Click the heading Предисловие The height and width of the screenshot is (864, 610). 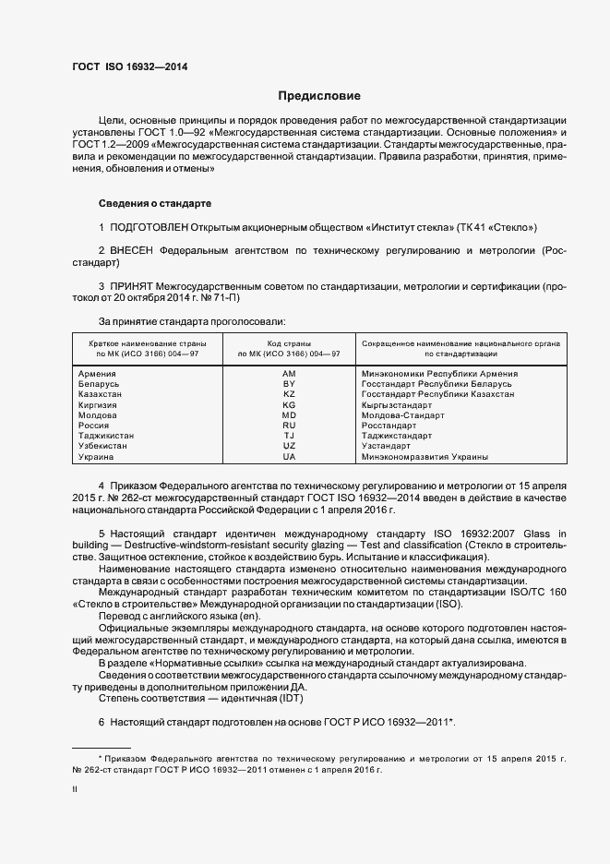tap(319, 96)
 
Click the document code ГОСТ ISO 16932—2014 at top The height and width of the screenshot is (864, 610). tap(129, 67)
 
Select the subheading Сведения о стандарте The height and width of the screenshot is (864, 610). tap(155, 202)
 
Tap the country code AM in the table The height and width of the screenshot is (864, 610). tap(289, 374)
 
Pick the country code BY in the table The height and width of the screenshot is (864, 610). tap(289, 384)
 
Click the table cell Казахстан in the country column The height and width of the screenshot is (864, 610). tap(102, 394)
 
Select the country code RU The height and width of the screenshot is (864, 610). tap(289, 426)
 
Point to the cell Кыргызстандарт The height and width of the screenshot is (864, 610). tap(397, 404)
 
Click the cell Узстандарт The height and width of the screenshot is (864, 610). tap(388, 446)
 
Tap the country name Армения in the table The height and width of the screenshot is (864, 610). tap(99, 374)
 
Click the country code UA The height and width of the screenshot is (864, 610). tap(289, 457)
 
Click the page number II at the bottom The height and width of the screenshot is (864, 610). tap(75, 789)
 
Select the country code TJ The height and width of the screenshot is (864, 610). tap(289, 436)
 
